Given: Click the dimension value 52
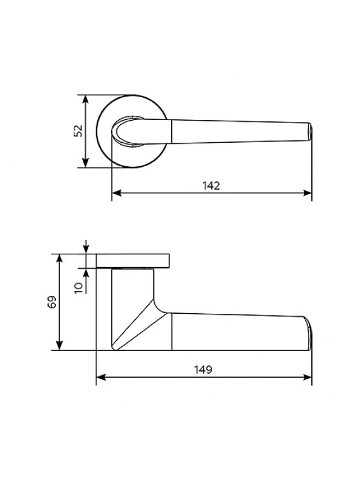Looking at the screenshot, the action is (79, 131).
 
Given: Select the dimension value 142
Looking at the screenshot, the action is (211, 185).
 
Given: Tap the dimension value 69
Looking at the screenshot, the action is (52, 302).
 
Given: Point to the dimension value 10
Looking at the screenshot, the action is (79, 288).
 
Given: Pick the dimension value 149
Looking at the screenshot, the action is (203, 370).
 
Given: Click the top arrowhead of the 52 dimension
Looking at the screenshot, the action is (86, 100).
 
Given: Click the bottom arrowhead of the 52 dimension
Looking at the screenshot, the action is (86, 163).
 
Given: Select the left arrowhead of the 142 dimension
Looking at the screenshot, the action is (116, 193).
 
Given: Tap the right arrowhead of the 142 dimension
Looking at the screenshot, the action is (307, 193).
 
